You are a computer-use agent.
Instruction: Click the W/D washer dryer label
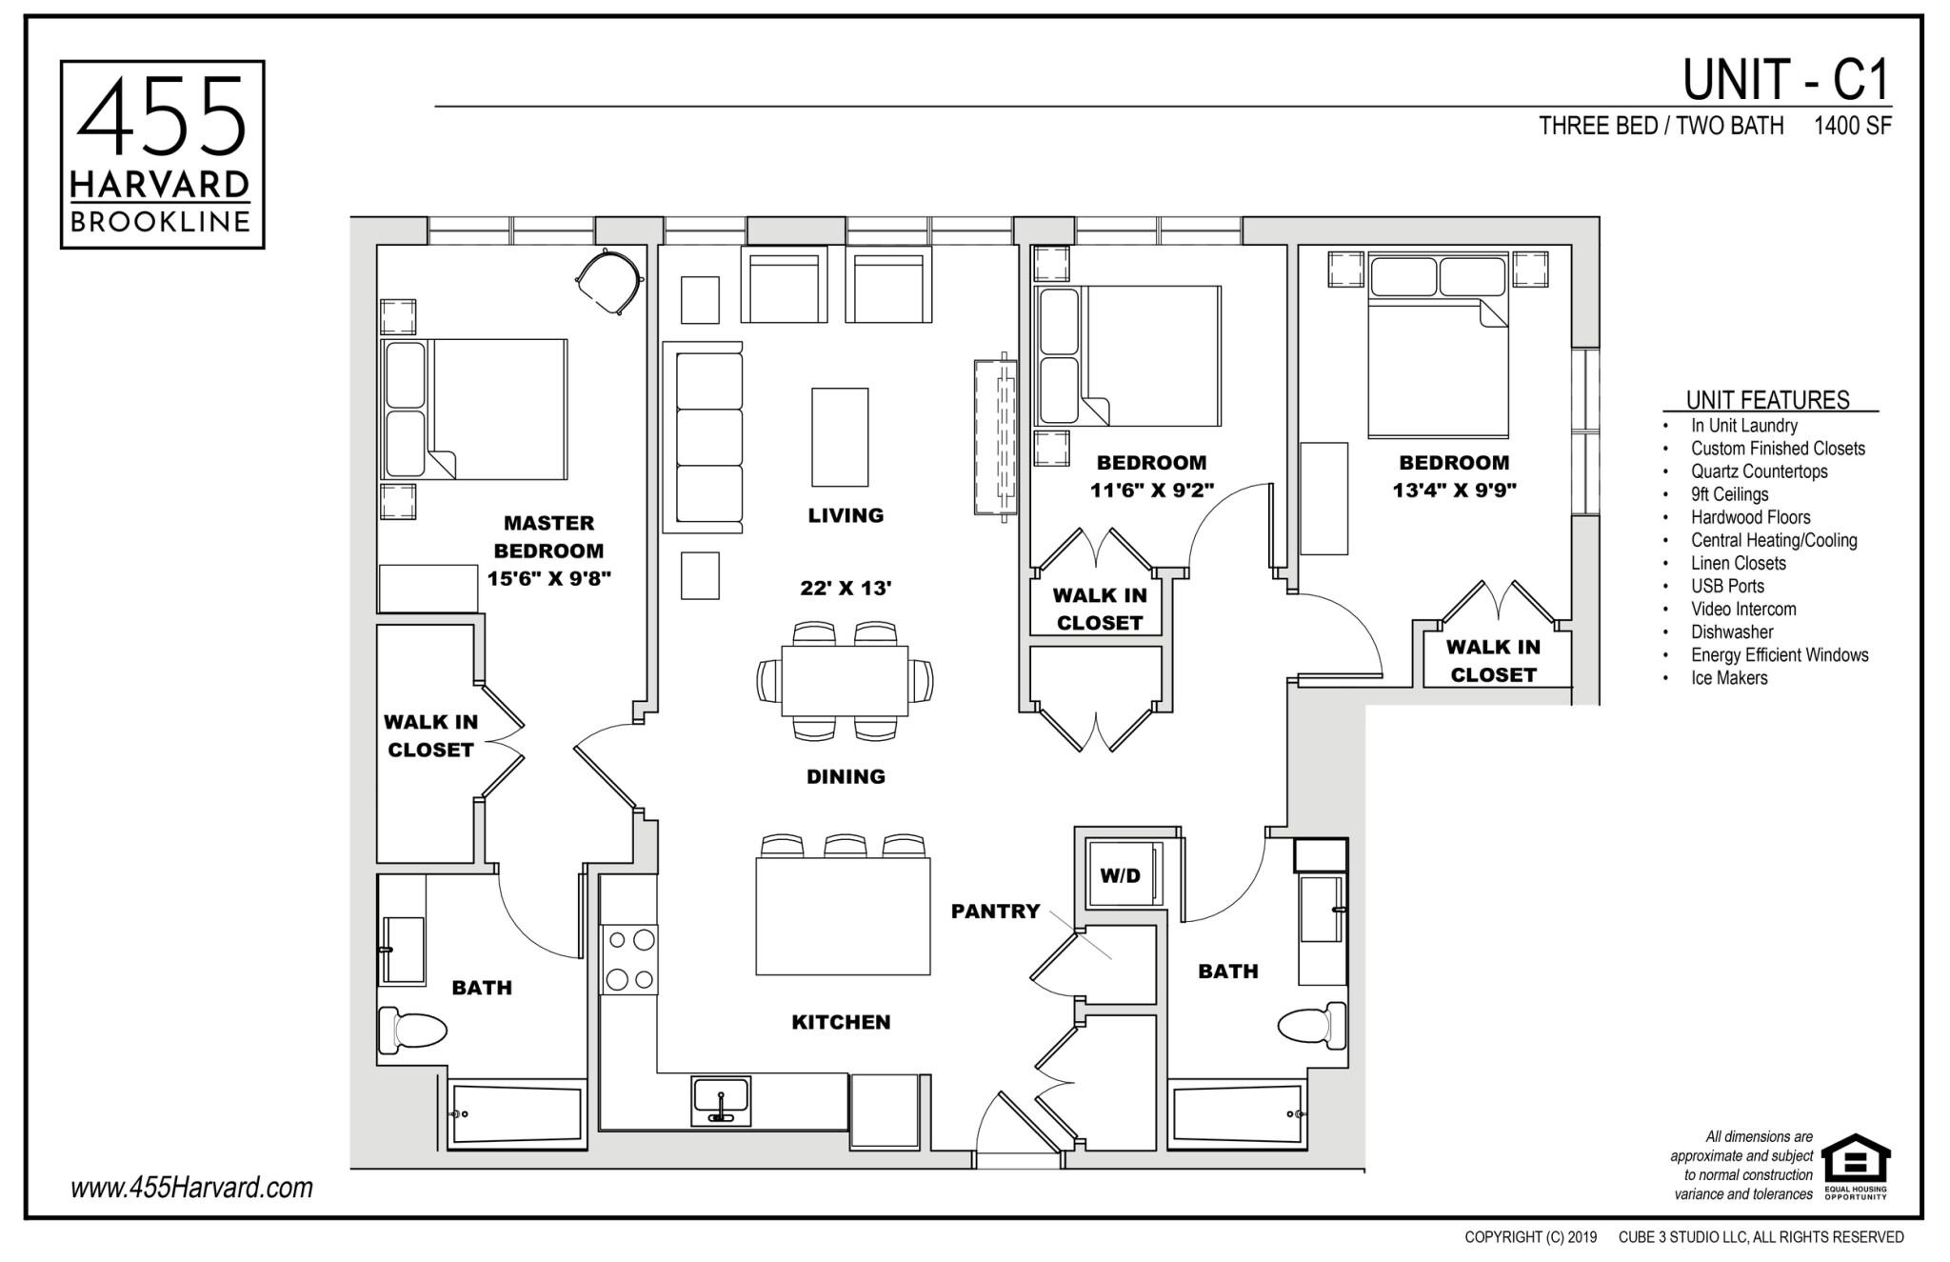pyautogui.click(x=1120, y=875)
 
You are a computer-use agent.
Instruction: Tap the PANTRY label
pyautogui.click(x=995, y=911)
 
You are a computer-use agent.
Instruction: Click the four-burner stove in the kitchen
pyautogui.click(x=629, y=960)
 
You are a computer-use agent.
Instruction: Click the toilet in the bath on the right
pyautogui.click(x=1311, y=1025)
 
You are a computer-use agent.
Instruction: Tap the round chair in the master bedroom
pyautogui.click(x=609, y=280)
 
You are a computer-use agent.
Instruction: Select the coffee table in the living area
pyautogui.click(x=840, y=437)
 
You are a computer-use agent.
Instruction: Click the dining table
pyautogui.click(x=845, y=681)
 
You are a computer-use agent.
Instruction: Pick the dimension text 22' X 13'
pyautogui.click(x=846, y=589)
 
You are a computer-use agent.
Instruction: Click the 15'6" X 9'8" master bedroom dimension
pyautogui.click(x=548, y=578)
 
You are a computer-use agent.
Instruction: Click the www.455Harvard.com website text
pyautogui.click(x=191, y=1188)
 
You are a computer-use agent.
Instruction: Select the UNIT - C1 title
pyautogui.click(x=1785, y=80)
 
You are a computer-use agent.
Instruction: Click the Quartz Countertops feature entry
pyautogui.click(x=1759, y=471)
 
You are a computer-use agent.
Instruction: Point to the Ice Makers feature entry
pyautogui.click(x=1728, y=678)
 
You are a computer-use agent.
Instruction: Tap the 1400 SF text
pyautogui.click(x=1852, y=126)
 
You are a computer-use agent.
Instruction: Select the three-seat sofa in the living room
pyautogui.click(x=708, y=436)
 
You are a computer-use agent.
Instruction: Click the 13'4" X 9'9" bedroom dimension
pyautogui.click(x=1454, y=491)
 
